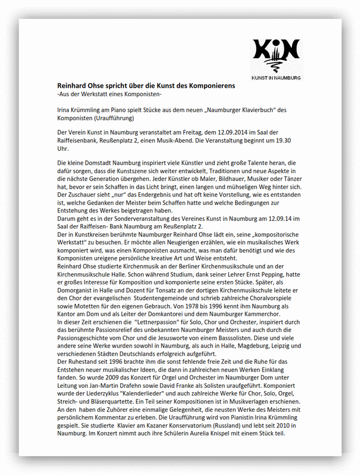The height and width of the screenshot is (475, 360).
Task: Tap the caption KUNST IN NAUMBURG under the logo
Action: point(276,78)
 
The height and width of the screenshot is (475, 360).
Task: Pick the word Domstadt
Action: point(98,162)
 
